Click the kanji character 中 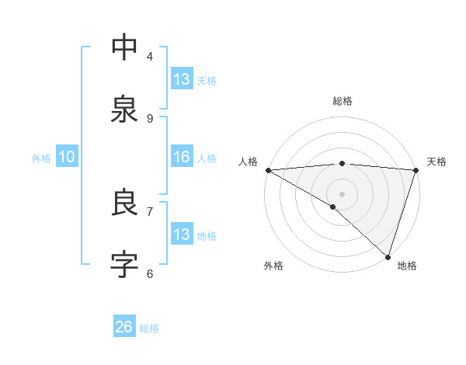[x=124, y=47]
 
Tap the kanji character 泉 [x=124, y=109]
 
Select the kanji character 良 [x=124, y=203]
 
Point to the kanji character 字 [x=124, y=265]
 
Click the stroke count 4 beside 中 [x=150, y=56]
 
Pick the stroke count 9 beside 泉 [x=150, y=118]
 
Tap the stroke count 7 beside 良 [x=150, y=211]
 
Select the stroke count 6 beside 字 [x=150, y=273]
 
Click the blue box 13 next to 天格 [x=182, y=79]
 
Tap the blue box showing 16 [x=182, y=157]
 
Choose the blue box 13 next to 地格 [x=182, y=235]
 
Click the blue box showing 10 [x=67, y=157]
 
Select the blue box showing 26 [x=124, y=327]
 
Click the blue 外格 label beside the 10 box [x=41, y=158]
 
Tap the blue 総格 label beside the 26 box [x=149, y=328]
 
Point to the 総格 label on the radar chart [x=342, y=101]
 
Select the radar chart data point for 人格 [x=268, y=169]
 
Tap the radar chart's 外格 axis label [x=273, y=266]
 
